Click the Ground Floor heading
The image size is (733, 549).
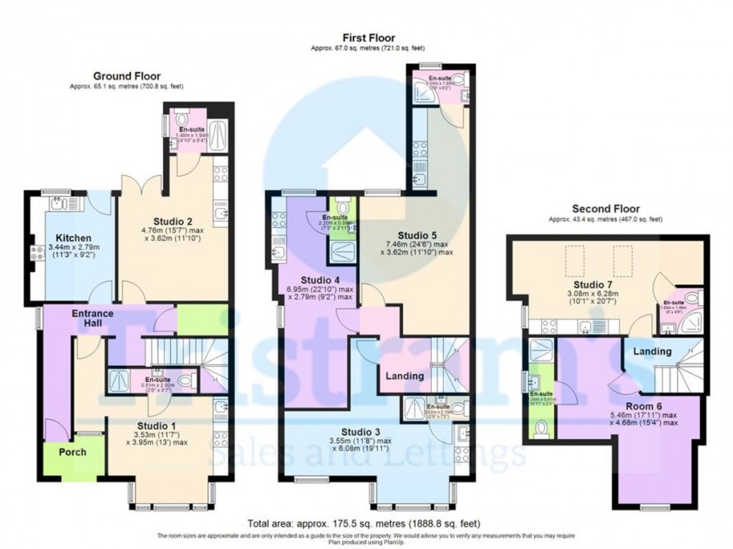(x=126, y=75)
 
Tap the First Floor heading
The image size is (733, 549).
(x=368, y=37)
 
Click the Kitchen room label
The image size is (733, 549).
(x=73, y=238)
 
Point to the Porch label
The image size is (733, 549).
(x=72, y=452)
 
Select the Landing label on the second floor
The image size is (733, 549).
(x=652, y=352)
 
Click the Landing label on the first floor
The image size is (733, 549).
(x=405, y=376)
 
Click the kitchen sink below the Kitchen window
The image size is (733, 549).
(x=60, y=205)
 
